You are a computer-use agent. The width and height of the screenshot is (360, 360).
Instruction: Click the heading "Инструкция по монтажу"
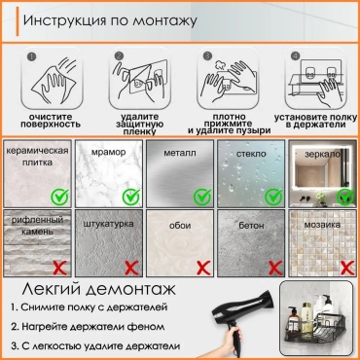tap(110, 21)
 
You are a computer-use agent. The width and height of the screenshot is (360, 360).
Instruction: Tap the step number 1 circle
tap(31, 57)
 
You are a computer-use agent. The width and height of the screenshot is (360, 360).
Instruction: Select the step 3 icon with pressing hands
tap(228, 79)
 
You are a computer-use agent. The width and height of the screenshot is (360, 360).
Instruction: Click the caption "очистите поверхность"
tap(51, 121)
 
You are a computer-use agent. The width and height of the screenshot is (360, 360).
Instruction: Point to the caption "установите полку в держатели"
tap(315, 121)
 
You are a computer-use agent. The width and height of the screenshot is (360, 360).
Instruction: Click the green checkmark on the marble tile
tap(131, 197)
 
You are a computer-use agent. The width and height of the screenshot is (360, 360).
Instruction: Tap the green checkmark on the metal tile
tap(202, 197)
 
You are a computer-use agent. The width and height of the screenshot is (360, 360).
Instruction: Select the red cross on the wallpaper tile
tap(203, 269)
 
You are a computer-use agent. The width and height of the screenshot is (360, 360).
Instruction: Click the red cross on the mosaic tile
tap(347, 269)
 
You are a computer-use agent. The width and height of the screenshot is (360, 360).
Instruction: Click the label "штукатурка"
tap(108, 224)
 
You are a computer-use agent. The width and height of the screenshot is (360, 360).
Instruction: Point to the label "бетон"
tap(251, 225)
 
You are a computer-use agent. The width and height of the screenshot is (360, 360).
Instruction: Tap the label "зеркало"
tap(323, 154)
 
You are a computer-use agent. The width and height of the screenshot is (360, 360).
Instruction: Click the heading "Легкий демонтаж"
tap(99, 289)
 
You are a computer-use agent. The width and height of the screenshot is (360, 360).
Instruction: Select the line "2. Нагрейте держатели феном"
tap(88, 326)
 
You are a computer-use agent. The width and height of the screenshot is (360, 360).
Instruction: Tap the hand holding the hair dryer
tap(233, 341)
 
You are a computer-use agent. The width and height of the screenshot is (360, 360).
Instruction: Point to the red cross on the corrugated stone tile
tap(60, 269)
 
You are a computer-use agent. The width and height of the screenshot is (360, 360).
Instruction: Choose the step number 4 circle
tap(295, 55)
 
